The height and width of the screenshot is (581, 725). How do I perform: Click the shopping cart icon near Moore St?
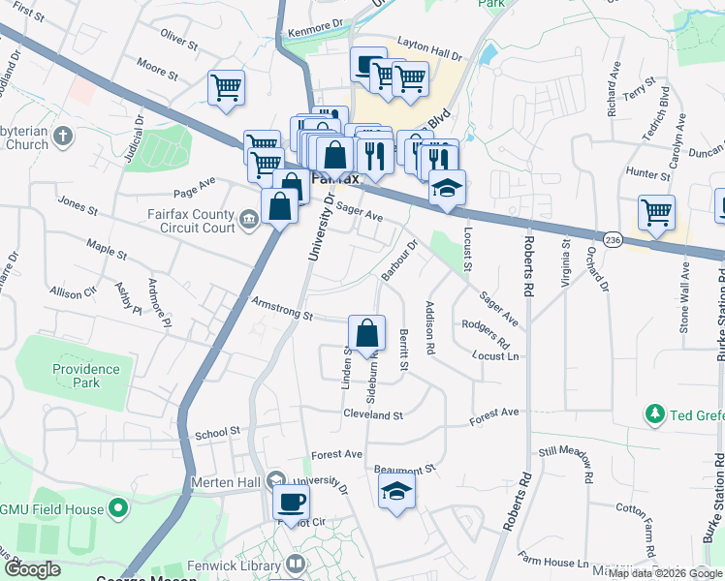[x=226, y=88]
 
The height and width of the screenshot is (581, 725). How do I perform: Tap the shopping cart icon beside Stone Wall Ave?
[x=657, y=212]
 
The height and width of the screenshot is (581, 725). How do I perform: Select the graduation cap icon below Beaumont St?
[x=396, y=491]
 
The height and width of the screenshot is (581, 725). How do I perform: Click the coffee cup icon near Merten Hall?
[x=291, y=502]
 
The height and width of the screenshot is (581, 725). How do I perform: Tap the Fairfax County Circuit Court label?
[x=192, y=222]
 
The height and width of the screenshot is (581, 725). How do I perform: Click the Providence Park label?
[x=86, y=376]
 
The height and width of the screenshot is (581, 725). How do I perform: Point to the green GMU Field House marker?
[x=118, y=506]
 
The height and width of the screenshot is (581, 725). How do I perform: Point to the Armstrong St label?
[x=281, y=309]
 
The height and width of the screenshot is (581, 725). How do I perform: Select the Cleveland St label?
[x=372, y=414]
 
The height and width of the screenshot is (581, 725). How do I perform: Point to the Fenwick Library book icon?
[x=297, y=564]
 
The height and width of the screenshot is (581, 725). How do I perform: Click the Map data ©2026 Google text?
[x=664, y=572]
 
